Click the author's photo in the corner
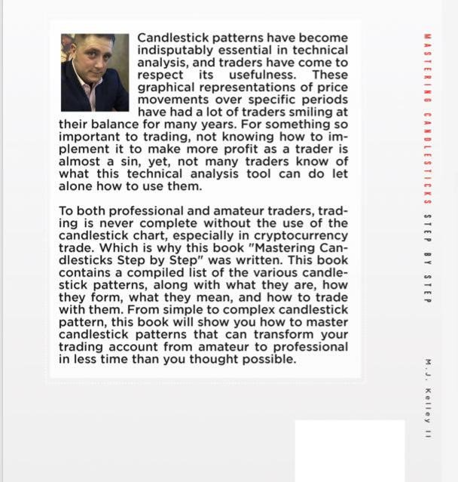95,72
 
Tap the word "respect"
163,75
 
